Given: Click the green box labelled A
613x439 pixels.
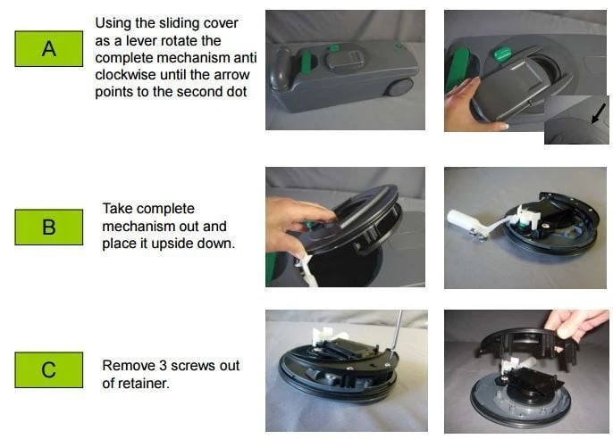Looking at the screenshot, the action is [x=49, y=49].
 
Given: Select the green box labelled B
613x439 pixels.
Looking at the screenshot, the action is [x=49, y=228].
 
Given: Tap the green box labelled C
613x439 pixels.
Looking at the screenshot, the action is [x=49, y=370].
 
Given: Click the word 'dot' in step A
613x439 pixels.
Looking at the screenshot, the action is [x=238, y=92].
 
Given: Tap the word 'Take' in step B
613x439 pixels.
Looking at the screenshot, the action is [x=116, y=209].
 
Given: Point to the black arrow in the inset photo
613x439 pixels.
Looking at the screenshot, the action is [x=598, y=114].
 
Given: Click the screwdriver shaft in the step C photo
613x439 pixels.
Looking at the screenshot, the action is [x=397, y=331].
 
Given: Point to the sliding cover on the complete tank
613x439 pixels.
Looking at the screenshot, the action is [x=345, y=60].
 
